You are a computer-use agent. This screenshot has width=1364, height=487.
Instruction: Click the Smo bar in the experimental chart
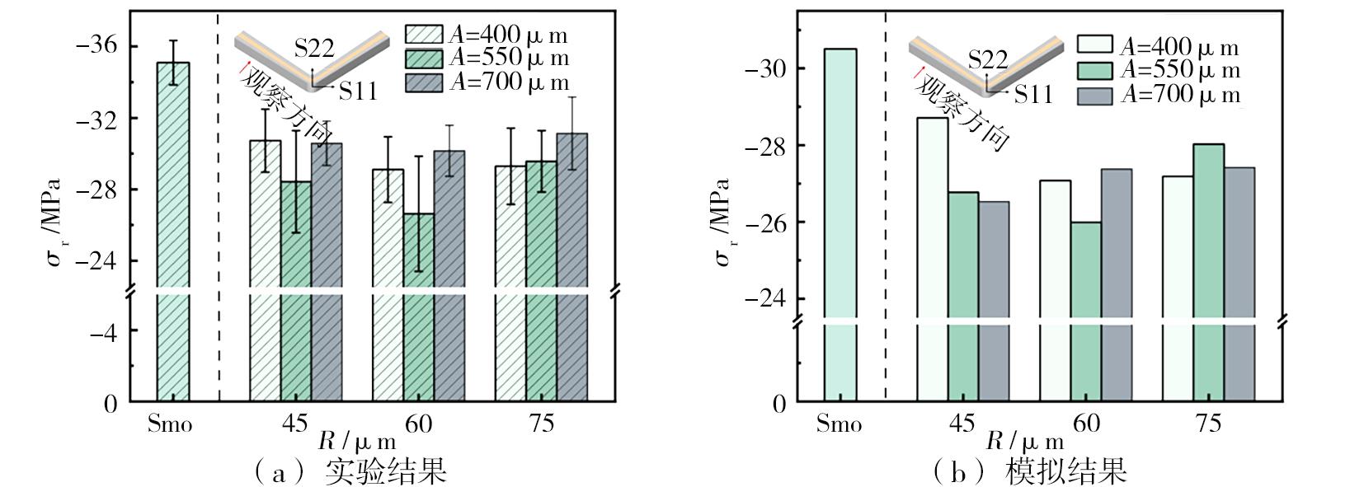(x=173, y=231)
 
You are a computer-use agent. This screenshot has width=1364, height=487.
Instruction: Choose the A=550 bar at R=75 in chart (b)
(x=1208, y=272)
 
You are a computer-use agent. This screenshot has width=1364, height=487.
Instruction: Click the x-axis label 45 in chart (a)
(x=294, y=424)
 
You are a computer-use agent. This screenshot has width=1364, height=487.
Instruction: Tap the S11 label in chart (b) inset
(x=1033, y=95)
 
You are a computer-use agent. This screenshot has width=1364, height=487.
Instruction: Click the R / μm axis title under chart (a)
(x=357, y=439)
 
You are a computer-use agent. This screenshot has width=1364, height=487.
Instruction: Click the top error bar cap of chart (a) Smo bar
(x=173, y=40)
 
